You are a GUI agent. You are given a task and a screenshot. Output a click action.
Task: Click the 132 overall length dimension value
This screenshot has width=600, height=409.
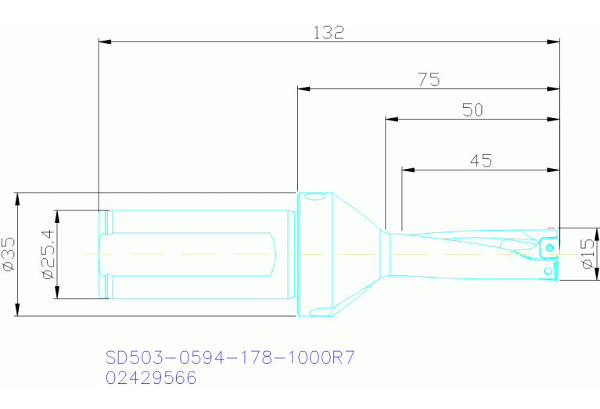pyautogui.click(x=329, y=32)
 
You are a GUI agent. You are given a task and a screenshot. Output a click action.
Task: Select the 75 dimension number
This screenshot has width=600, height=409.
pyautogui.click(x=428, y=79)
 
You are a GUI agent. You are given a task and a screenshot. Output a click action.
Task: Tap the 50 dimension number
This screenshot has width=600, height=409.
pyautogui.click(x=472, y=110)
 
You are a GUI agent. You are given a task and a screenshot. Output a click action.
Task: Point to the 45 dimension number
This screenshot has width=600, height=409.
pyautogui.click(x=480, y=160)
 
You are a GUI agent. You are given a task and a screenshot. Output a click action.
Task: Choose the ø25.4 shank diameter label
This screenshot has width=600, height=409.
pyautogui.click(x=46, y=254)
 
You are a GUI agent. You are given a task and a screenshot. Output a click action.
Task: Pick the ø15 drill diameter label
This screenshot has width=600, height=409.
pyautogui.click(x=588, y=254)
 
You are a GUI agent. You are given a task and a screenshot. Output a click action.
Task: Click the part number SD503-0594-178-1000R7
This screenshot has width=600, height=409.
pyautogui.click(x=230, y=358)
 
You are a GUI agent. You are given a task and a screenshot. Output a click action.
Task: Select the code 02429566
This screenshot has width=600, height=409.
pyautogui.click(x=150, y=378)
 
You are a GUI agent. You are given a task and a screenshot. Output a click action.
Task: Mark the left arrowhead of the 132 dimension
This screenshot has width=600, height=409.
pyautogui.click(x=105, y=41)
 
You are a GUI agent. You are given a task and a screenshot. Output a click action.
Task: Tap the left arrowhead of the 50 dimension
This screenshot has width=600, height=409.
pyautogui.click(x=392, y=120)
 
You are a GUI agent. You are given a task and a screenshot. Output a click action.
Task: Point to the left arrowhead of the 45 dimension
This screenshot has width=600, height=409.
pyautogui.click(x=408, y=169)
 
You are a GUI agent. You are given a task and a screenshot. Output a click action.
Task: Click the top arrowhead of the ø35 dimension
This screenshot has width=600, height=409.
pyautogui.click(x=16, y=199)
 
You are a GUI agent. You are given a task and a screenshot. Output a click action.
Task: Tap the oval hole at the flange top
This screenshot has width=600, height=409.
pyautogui.click(x=314, y=197)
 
